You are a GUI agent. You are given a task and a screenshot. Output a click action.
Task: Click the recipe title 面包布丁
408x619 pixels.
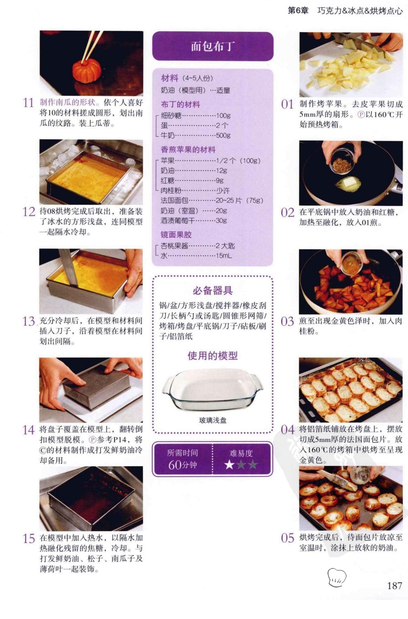[213, 46]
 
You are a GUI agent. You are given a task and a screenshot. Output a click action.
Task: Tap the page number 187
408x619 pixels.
[394, 585]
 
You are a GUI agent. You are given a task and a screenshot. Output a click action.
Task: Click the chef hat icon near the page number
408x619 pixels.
[337, 578]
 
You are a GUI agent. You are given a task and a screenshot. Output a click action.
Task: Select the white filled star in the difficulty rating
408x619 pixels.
[229, 465]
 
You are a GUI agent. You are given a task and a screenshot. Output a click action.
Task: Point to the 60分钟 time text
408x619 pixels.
[182, 465]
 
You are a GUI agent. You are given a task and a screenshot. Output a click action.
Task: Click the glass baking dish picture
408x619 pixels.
[213, 389]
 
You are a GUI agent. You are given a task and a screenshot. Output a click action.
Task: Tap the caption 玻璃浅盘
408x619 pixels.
[213, 420]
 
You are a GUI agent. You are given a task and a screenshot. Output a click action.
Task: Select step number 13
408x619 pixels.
[29, 321]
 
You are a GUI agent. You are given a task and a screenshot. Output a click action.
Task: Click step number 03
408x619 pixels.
[287, 322]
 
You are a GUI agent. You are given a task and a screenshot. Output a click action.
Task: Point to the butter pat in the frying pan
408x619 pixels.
[349, 184]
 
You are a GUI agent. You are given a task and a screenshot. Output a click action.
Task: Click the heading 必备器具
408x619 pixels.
[213, 290]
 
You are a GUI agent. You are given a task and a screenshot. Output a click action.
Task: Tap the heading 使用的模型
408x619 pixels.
[213, 355]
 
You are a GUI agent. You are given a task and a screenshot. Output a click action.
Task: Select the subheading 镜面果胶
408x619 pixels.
[176, 235]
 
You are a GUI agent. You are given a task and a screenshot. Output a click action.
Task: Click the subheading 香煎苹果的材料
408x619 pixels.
[188, 150]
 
